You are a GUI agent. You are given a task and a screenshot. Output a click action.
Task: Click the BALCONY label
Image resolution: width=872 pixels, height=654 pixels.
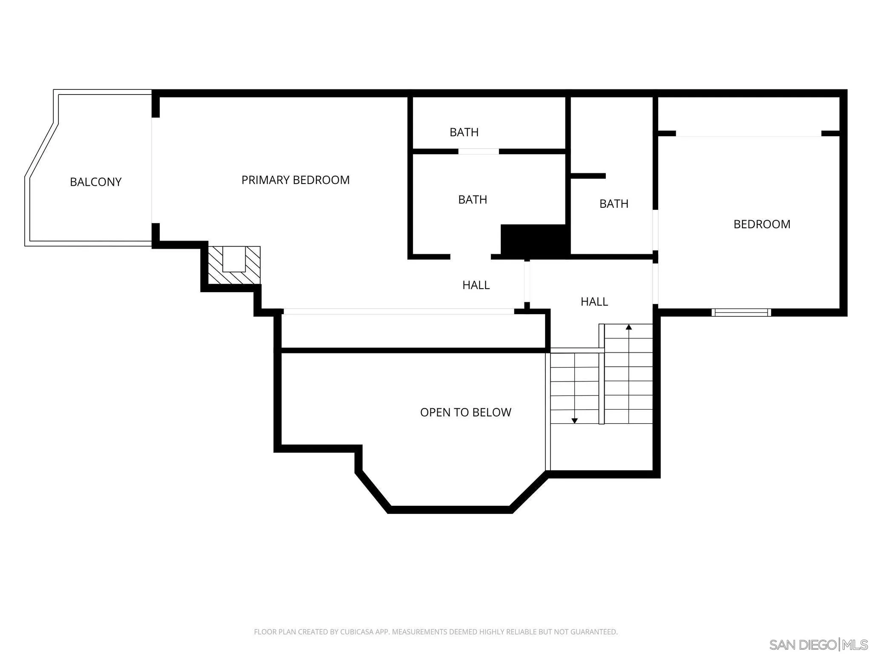(x=95, y=182)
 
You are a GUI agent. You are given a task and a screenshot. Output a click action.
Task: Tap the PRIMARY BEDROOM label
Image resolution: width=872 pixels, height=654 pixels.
(x=295, y=180)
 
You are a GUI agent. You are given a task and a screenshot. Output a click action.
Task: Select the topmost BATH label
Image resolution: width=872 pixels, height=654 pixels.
(x=464, y=132)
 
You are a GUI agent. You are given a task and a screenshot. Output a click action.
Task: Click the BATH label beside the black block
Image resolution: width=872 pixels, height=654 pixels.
(x=472, y=199)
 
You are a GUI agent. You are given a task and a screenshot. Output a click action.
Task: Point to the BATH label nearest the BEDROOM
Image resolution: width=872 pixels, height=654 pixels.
(x=614, y=204)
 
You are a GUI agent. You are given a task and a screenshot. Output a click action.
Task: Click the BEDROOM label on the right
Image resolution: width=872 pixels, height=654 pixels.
(x=761, y=224)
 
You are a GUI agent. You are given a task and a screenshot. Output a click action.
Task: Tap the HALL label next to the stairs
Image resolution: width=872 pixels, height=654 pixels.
(x=594, y=301)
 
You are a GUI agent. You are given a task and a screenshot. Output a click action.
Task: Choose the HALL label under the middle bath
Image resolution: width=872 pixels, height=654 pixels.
(x=476, y=285)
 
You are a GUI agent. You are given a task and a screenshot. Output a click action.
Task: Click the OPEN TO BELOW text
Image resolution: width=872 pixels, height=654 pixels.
(x=465, y=412)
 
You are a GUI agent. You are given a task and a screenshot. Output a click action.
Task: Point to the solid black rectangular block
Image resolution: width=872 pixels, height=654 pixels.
(x=535, y=240)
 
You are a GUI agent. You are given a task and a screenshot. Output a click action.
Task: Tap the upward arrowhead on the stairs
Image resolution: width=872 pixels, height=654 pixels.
(x=628, y=327)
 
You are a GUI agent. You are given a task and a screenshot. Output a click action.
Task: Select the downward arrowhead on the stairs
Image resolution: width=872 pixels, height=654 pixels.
(x=574, y=421)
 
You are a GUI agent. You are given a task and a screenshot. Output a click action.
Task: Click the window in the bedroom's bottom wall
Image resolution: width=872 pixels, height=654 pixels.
(x=741, y=313)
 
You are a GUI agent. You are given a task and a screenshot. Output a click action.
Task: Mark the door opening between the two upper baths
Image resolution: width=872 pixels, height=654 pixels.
(x=478, y=152)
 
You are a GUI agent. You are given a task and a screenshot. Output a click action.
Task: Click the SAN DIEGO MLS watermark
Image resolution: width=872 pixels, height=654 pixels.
(x=818, y=644)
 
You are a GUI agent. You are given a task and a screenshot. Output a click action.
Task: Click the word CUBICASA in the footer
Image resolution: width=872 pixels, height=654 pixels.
(x=357, y=632)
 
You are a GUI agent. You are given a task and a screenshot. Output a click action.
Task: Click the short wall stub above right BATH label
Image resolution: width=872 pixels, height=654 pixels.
(x=588, y=176)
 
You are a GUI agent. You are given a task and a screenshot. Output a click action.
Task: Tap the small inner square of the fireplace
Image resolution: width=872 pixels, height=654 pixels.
(x=234, y=259)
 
